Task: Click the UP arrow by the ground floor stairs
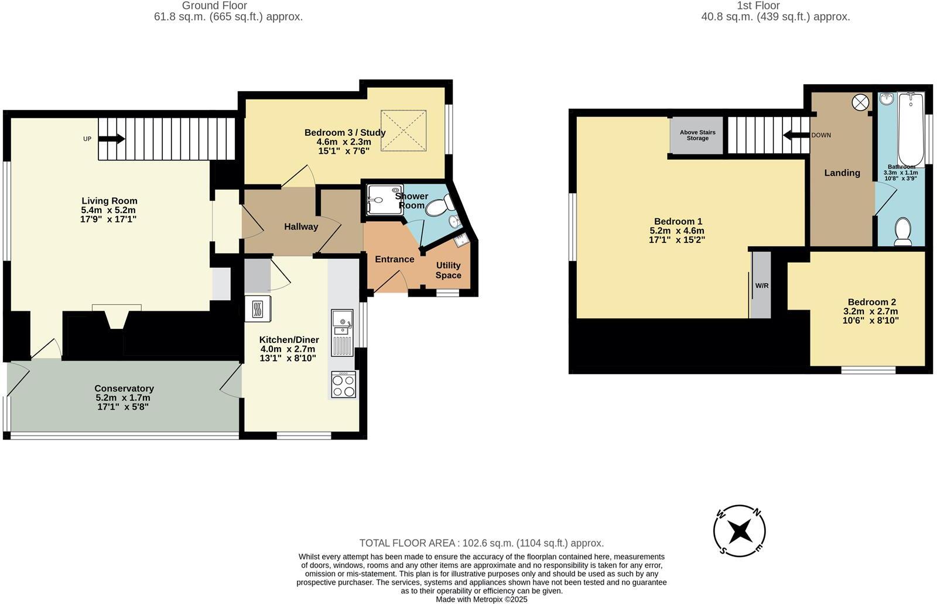tap(111, 139)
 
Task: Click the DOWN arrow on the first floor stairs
tap(796, 135)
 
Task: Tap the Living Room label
tap(109, 201)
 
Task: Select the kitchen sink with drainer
tap(342, 332)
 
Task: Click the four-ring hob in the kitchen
tap(343, 385)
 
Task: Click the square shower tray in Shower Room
tap(384, 200)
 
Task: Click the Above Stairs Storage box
tap(697, 135)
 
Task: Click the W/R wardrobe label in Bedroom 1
tap(761, 286)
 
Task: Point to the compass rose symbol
tap(740, 531)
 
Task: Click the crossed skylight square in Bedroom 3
tap(403, 130)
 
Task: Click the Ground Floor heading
tap(214, 5)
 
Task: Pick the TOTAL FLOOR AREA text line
tap(481, 543)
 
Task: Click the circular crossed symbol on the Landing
tap(860, 102)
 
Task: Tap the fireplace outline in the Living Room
tap(117, 317)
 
